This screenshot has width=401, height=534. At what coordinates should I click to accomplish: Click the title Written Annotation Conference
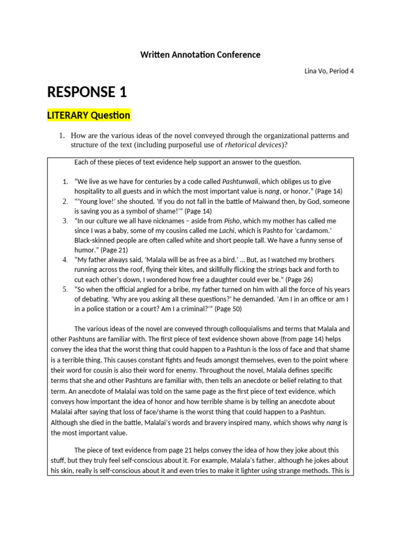click(200, 55)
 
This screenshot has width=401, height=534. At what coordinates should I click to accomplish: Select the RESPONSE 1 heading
click(87, 92)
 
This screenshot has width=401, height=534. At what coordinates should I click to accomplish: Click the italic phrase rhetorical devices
click(253, 144)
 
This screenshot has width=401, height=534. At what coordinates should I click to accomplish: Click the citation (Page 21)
click(115, 250)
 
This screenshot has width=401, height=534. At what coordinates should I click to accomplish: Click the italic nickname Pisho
click(233, 221)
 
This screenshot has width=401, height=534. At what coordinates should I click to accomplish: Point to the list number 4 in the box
click(65, 260)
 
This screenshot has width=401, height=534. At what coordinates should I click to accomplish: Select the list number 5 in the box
click(65, 289)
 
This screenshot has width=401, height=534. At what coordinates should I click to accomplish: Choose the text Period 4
click(341, 71)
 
